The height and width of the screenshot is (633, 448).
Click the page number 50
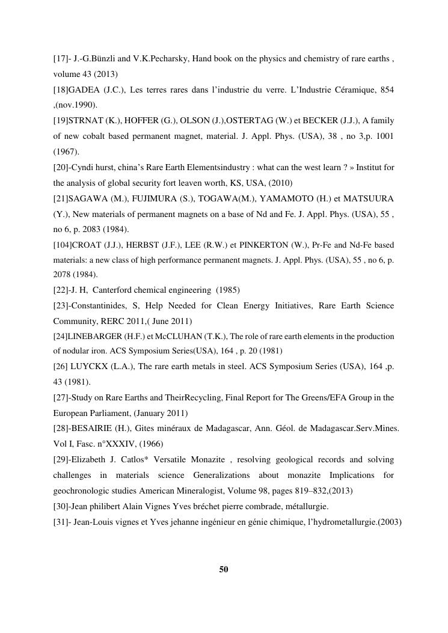[224, 569]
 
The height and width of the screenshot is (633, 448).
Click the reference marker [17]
[61, 60]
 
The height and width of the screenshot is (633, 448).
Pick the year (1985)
[226, 290]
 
